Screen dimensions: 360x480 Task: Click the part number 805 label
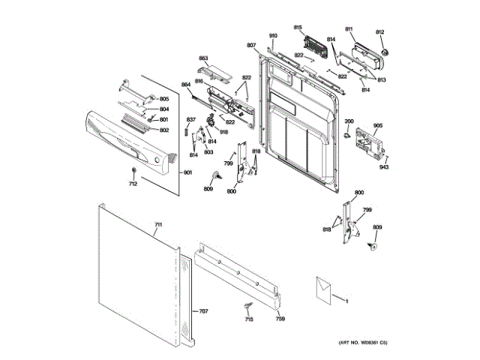164,99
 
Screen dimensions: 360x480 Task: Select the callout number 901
187,173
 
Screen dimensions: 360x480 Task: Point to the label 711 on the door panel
158,225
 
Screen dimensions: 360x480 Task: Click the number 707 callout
203,310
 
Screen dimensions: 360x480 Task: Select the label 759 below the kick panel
280,319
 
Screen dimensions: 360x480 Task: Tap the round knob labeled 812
386,52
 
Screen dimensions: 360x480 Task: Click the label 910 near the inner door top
273,36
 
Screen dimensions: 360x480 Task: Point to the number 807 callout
251,46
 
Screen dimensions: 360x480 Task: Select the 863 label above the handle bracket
203,58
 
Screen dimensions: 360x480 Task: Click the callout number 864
186,85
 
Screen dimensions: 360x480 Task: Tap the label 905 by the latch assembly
378,125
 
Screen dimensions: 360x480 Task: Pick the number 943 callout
384,166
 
